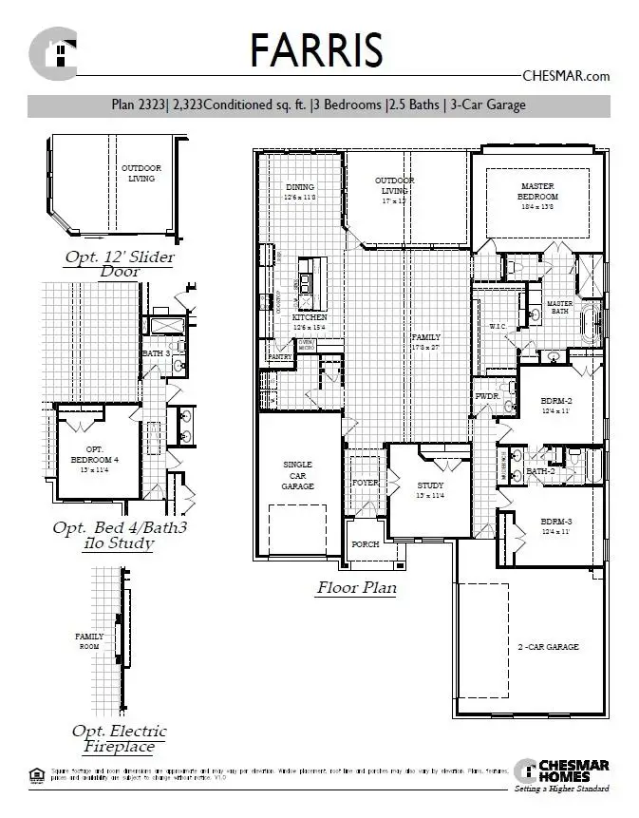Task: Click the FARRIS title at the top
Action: (316, 48)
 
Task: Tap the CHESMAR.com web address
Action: (566, 76)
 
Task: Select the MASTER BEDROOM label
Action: (537, 190)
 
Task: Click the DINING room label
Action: (299, 188)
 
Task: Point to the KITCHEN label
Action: (310, 318)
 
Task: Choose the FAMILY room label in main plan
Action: (425, 338)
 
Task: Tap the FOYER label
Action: (366, 483)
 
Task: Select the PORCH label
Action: (365, 544)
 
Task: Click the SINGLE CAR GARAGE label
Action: (298, 475)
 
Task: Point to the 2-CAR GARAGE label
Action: (547, 647)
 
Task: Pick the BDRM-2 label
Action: (556, 401)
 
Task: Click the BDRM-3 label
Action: (556, 523)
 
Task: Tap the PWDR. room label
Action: (487, 396)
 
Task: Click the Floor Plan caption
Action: (356, 588)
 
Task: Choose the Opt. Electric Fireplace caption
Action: (119, 739)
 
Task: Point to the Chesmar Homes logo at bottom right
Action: (561, 775)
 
